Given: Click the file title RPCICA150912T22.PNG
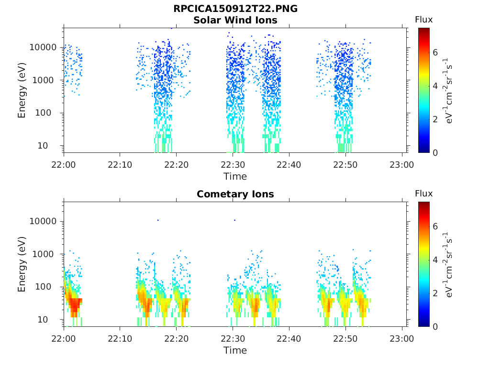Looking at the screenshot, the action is pos(235,9).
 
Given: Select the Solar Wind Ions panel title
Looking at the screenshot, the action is pos(235,20).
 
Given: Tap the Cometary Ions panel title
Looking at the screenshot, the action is pos(235,194).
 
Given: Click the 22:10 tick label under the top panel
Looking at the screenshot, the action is pos(120,165).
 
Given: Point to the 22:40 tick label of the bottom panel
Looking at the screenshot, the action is pos(289,339).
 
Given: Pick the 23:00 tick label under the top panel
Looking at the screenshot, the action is pos(401,165).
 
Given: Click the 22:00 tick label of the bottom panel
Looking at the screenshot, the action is pos(64,339).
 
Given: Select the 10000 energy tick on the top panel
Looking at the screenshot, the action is pos(43,47).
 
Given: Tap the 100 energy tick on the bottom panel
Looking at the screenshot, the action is pos(43,287).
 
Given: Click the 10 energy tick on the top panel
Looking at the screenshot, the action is pos(43,145).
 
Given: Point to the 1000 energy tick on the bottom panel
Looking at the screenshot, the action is pos(43,254).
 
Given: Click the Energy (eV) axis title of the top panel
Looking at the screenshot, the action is pos(22,90).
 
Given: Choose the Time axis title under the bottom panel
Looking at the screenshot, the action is pos(235,350).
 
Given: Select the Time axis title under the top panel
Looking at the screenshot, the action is pos(235,176).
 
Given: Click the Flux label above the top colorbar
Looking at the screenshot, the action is pos(424,20).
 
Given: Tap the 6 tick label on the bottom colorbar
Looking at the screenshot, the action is pos(435,227).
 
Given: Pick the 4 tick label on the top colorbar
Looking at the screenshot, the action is pos(435,86).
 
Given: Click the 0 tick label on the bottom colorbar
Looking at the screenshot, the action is pos(435,327).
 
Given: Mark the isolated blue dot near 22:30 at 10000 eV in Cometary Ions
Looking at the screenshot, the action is pos(234,220).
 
